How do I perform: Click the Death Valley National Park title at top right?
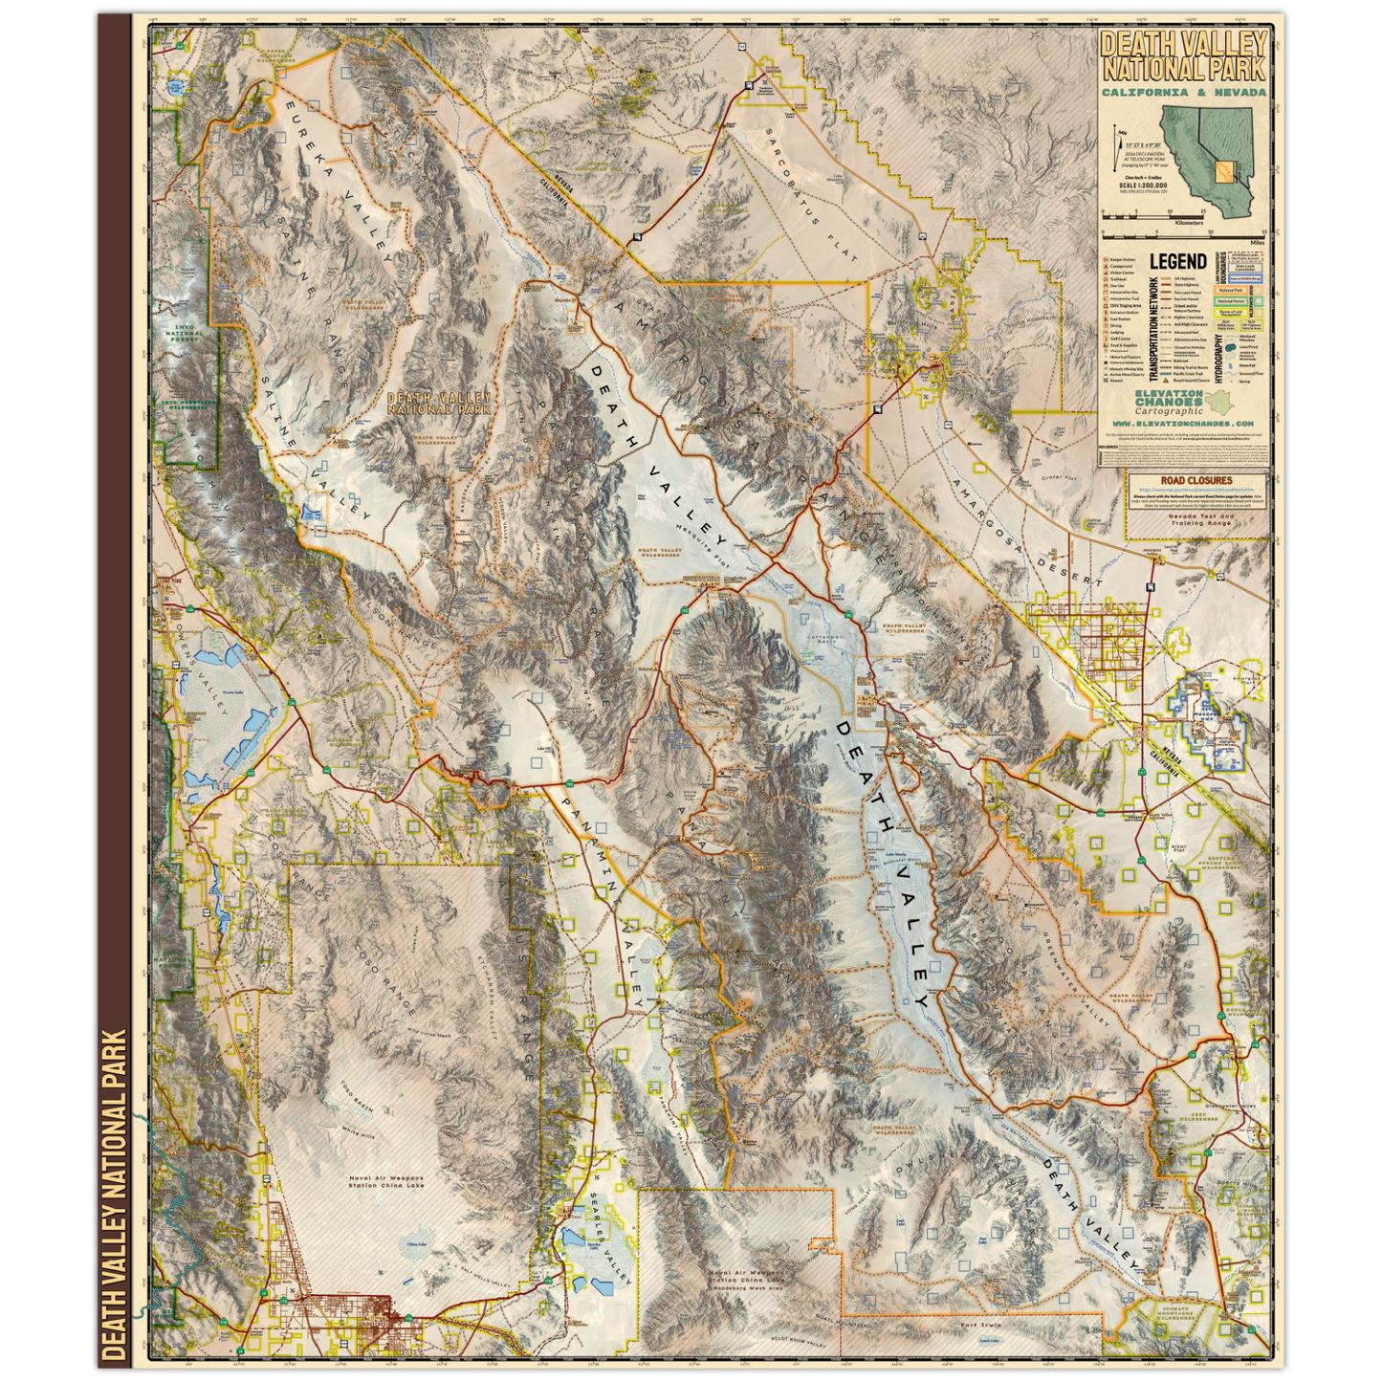click(x=1183, y=56)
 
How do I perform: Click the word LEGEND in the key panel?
click(x=1177, y=262)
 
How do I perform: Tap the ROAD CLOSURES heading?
click(x=1196, y=481)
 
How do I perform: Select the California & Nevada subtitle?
click(x=1183, y=93)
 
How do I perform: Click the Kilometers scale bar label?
click(x=1189, y=222)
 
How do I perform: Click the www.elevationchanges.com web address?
click(x=1182, y=423)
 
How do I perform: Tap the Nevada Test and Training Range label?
click(x=1201, y=519)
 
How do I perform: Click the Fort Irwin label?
click(x=983, y=1326)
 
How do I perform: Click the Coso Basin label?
click(x=356, y=1100)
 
